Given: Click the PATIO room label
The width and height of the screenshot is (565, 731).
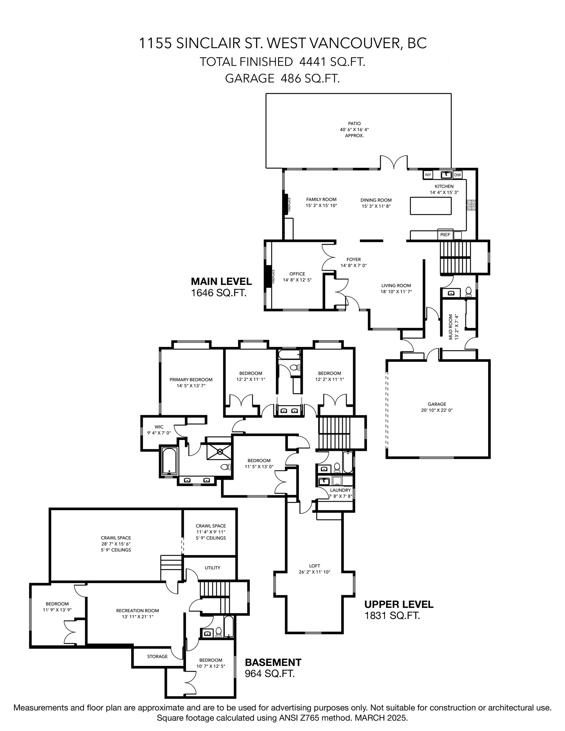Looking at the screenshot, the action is (x=354, y=123).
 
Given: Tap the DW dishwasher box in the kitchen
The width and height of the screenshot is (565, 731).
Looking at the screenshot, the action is (x=457, y=175).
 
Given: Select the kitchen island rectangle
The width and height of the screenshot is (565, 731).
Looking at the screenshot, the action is (x=431, y=206).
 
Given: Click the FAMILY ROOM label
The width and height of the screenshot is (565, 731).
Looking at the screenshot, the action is (x=321, y=200).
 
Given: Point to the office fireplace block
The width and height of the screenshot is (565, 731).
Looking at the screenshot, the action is (x=268, y=276).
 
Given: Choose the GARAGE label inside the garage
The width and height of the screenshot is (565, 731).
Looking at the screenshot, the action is (x=437, y=404).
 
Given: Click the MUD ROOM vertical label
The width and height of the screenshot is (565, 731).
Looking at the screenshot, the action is (x=450, y=327).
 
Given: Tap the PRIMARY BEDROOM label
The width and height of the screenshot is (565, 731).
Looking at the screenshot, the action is (x=191, y=379).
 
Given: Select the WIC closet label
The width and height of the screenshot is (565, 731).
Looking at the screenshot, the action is (x=159, y=427).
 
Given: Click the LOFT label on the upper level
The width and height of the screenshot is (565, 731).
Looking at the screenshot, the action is (x=315, y=566).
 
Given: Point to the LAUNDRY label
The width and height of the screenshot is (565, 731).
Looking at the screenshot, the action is (x=340, y=490).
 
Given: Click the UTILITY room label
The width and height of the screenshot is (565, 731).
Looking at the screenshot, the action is (x=212, y=568).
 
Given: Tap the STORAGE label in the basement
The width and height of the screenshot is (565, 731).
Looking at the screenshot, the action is (x=157, y=656).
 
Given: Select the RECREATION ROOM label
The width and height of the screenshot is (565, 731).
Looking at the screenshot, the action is (x=137, y=610).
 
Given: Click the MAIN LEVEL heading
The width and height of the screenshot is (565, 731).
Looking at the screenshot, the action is (x=221, y=281).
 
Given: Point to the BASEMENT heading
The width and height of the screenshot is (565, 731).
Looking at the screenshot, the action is (x=273, y=662).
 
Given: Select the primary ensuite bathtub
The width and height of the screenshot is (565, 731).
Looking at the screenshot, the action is (x=169, y=461).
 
